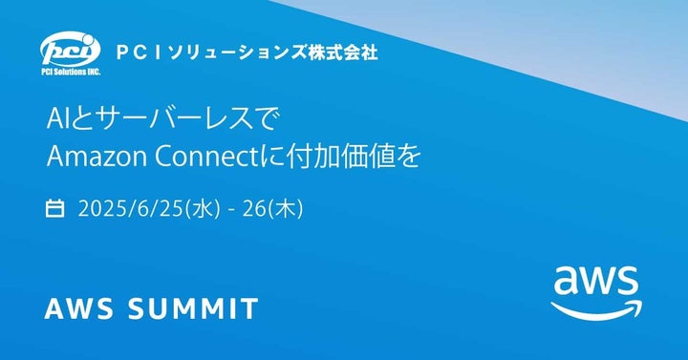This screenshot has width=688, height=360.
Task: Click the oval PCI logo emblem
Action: coord(66,47)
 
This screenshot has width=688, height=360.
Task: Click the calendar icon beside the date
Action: coord(55,207)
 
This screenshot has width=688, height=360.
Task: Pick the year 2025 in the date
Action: coord(98,207)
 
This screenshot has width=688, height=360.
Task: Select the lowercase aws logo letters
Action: coord(596,283)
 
